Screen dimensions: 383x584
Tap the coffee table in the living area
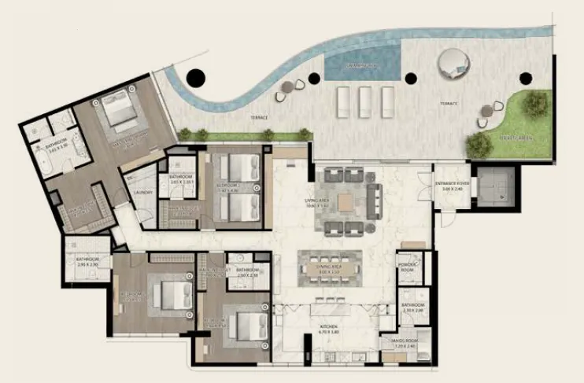coord(346,202)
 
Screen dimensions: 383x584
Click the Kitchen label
coord(328,328)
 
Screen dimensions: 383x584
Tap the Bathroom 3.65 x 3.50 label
coord(56,146)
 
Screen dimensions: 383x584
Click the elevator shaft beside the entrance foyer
coord(493,185)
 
